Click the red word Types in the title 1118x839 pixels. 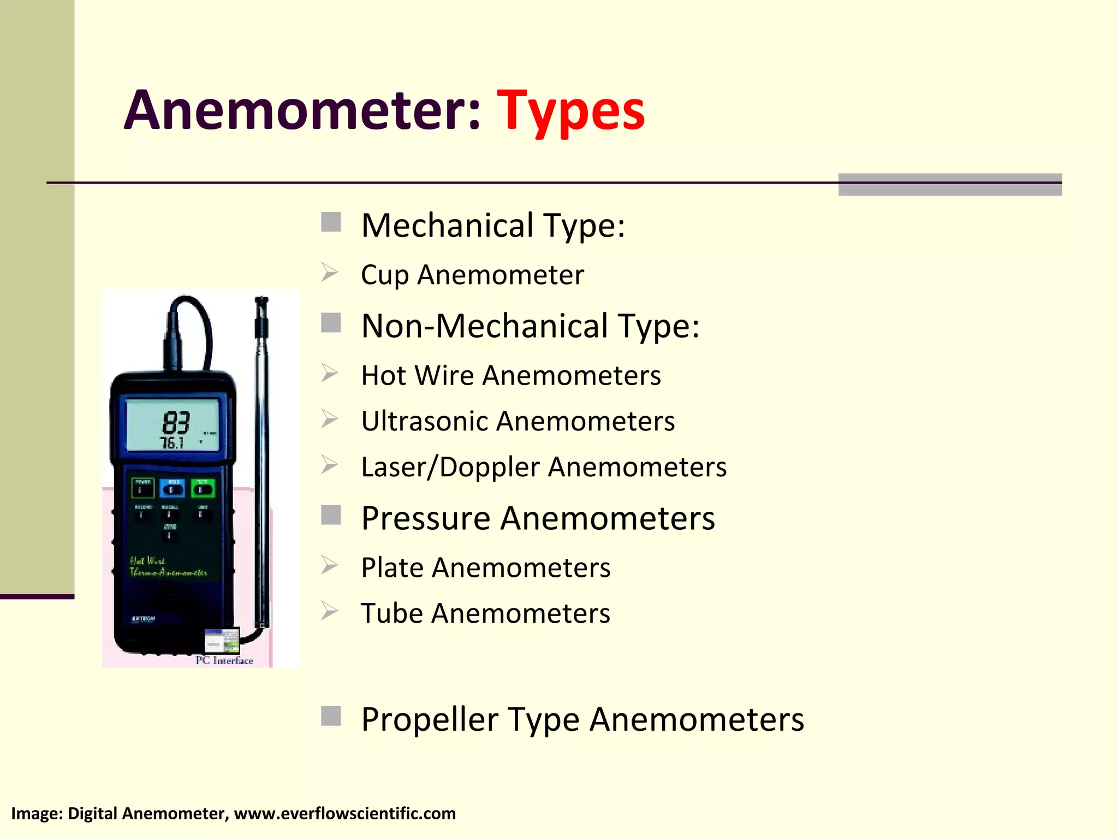pyautogui.click(x=570, y=111)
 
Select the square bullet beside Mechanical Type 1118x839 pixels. pyautogui.click(x=331, y=222)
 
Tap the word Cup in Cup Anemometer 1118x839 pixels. pyautogui.click(x=384, y=275)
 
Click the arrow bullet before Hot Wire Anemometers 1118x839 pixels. pyautogui.click(x=330, y=374)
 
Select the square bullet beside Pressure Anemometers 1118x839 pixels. pyautogui.click(x=331, y=515)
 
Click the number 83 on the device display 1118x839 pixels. pyautogui.click(x=176, y=422)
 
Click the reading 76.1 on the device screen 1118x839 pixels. pyautogui.click(x=172, y=443)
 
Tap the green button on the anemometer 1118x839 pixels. pyautogui.click(x=203, y=488)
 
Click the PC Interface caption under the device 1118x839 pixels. pyautogui.click(x=224, y=660)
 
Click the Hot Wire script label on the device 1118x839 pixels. pyautogui.click(x=147, y=561)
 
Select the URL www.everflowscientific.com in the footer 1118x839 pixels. pyautogui.click(x=344, y=813)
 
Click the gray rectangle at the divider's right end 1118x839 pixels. pyautogui.click(x=949, y=185)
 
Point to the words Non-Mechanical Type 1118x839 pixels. pyautogui.click(x=530, y=326)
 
